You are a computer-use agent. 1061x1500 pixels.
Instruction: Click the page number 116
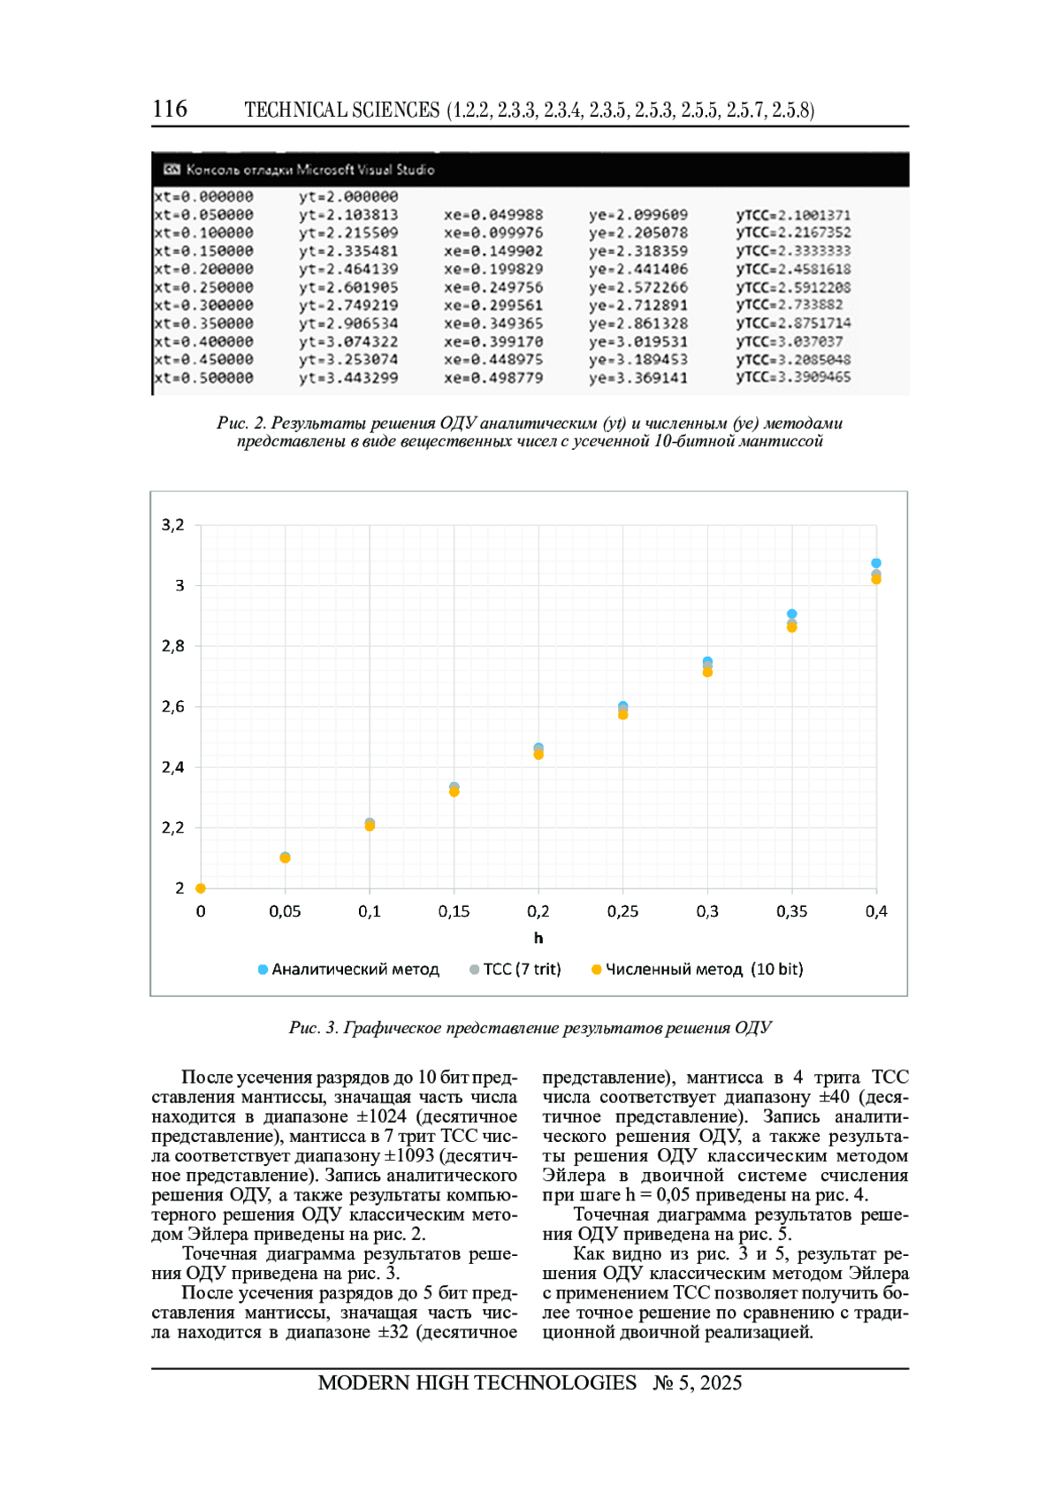(170, 109)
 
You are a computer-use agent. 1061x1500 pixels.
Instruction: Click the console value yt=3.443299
(348, 378)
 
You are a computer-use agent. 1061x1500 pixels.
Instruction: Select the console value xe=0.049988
(493, 215)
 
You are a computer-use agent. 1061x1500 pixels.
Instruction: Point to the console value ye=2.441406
(638, 270)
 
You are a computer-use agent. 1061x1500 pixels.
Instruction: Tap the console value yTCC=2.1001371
(793, 215)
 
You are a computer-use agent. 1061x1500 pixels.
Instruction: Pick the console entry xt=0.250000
(204, 287)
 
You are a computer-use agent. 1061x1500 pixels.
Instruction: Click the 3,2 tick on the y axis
(173, 525)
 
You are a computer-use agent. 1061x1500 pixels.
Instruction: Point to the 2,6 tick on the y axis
(173, 706)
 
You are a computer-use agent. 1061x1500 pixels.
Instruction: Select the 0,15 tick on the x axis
(454, 911)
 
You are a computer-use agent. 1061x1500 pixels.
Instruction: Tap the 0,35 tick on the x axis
(791, 911)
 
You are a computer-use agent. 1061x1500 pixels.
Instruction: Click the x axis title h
(538, 938)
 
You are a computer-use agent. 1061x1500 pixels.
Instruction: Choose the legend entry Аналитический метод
(348, 970)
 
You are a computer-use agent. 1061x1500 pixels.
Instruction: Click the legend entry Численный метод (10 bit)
(698, 970)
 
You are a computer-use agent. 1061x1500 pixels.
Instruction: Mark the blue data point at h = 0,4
(876, 563)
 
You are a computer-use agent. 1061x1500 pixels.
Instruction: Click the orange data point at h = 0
(201, 888)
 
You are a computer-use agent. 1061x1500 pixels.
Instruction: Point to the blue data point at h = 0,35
(792, 613)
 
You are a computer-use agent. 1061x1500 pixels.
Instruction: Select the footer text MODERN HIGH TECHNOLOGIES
(477, 1383)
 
